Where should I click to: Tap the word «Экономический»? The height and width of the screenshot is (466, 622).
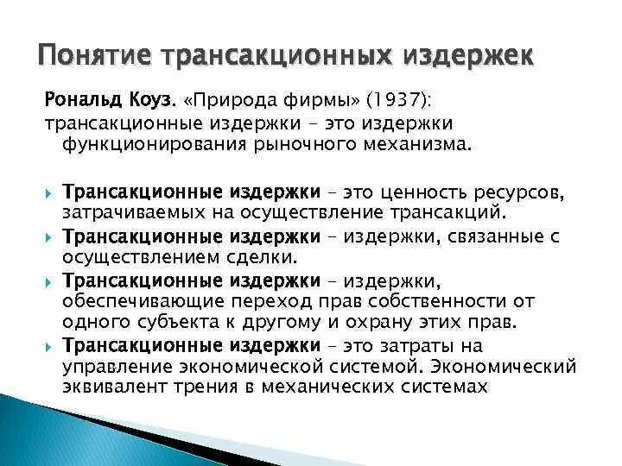(511, 367)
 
